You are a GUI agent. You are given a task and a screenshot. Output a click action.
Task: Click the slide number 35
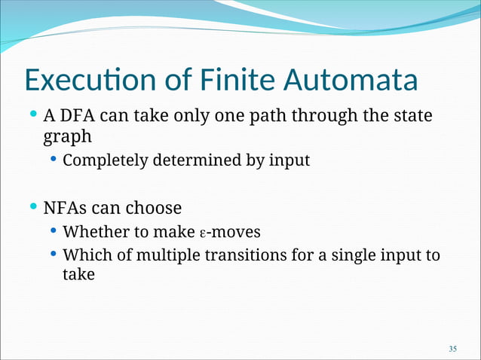pos(452,349)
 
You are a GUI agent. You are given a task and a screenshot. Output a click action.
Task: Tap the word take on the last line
pos(78,275)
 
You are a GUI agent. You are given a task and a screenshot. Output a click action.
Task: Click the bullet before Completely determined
pos(53,160)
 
